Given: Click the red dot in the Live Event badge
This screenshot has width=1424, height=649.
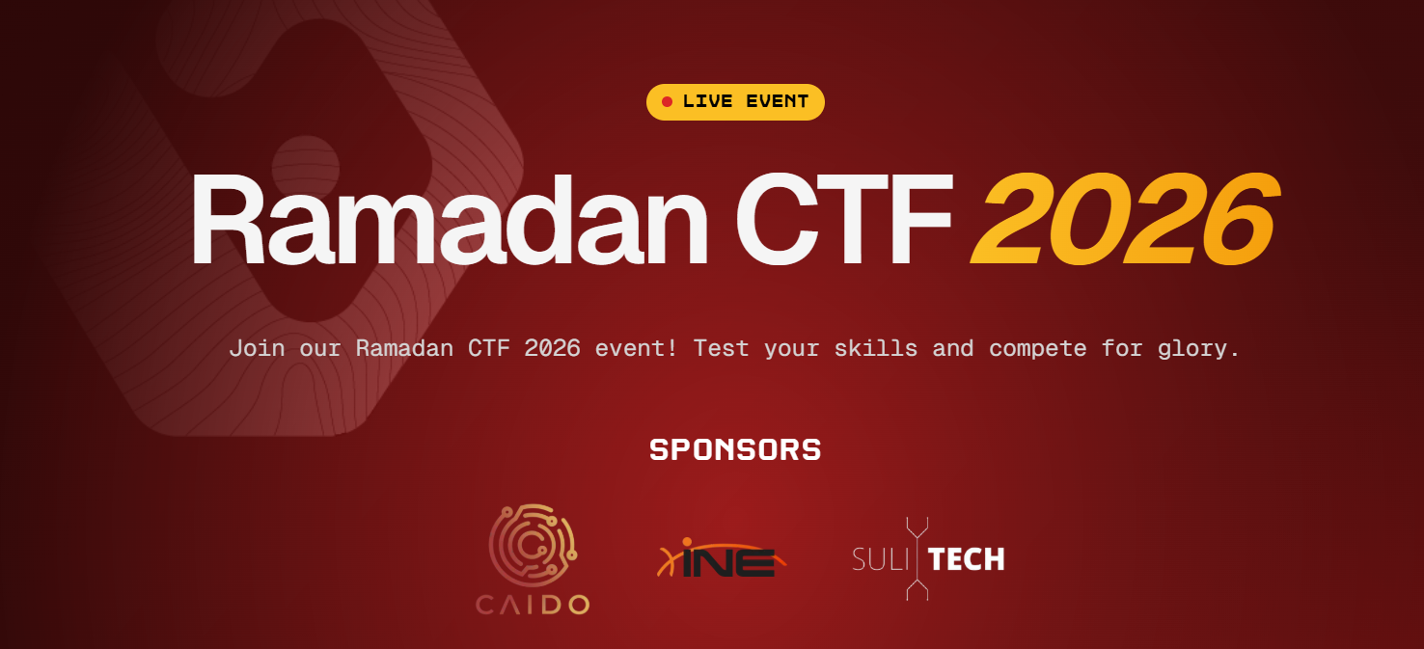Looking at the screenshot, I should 667,102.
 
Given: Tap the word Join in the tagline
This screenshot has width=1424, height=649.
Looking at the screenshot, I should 257,348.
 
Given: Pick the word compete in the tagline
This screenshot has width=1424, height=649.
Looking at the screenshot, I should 1038,348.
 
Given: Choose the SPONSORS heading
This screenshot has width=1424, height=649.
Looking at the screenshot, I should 735,449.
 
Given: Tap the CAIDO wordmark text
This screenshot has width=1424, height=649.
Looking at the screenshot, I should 533,606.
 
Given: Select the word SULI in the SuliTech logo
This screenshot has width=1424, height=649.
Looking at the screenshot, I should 881,559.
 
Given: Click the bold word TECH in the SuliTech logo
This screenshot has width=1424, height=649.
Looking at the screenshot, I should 967,559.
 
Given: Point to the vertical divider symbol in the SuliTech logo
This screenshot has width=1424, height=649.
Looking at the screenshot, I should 917,559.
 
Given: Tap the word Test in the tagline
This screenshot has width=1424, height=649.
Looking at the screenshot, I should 721,348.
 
